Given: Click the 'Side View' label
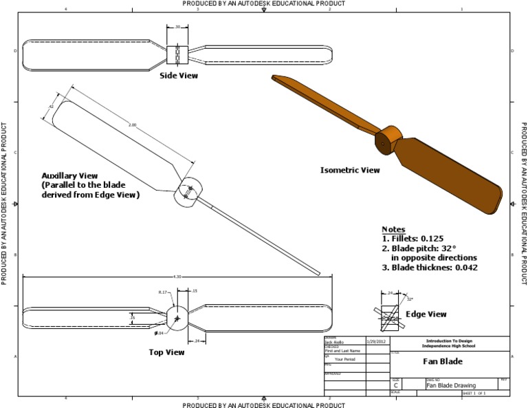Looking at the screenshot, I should (179, 76).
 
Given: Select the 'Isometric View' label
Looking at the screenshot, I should (350, 169).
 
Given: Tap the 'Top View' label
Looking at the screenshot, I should (166, 352).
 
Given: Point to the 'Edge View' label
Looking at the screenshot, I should (426, 314).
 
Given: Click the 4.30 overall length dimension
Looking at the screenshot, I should (178, 277).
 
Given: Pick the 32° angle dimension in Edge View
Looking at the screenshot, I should (410, 299).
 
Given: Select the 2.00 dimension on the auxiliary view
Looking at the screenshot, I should (132, 125).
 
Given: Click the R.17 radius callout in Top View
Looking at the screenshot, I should (163, 293).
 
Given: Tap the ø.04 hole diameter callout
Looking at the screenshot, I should (159, 333).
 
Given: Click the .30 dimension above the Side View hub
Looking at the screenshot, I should (177, 27).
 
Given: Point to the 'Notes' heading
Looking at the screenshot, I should (393, 229).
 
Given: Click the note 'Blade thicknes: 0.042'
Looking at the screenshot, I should (430, 267).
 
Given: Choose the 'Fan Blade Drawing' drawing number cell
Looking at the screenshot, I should (451, 385).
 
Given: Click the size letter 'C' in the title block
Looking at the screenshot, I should (396, 386).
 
